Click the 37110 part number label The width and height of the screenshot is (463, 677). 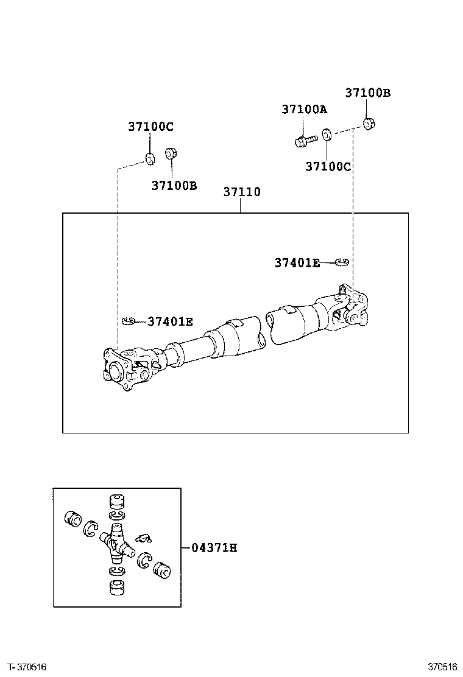pos(241,192)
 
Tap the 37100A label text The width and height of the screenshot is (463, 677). pos(304,110)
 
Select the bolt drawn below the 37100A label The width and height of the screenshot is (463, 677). pos(305,141)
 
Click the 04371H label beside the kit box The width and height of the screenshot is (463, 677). pos(214,548)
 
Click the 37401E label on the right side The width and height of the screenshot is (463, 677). pos(296,263)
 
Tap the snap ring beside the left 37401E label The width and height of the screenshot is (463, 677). pos(129,321)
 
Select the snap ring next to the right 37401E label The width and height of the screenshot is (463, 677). pos(343,262)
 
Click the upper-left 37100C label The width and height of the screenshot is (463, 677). pos(150,127)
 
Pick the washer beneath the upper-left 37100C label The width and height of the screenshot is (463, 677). pos(149,160)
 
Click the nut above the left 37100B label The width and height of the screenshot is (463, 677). pos(172,152)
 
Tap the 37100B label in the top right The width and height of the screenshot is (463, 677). pos(367,93)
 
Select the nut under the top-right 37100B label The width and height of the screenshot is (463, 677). pos(369,124)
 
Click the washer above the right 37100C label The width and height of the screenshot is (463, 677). pos(327,134)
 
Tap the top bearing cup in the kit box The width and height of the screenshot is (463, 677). pos(116,502)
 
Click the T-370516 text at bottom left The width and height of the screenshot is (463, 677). pos(27,667)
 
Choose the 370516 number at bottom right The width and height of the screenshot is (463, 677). pos(442,667)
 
